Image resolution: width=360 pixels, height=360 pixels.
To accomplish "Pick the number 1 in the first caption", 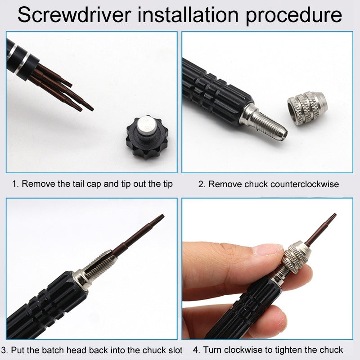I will (x=14, y=184).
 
